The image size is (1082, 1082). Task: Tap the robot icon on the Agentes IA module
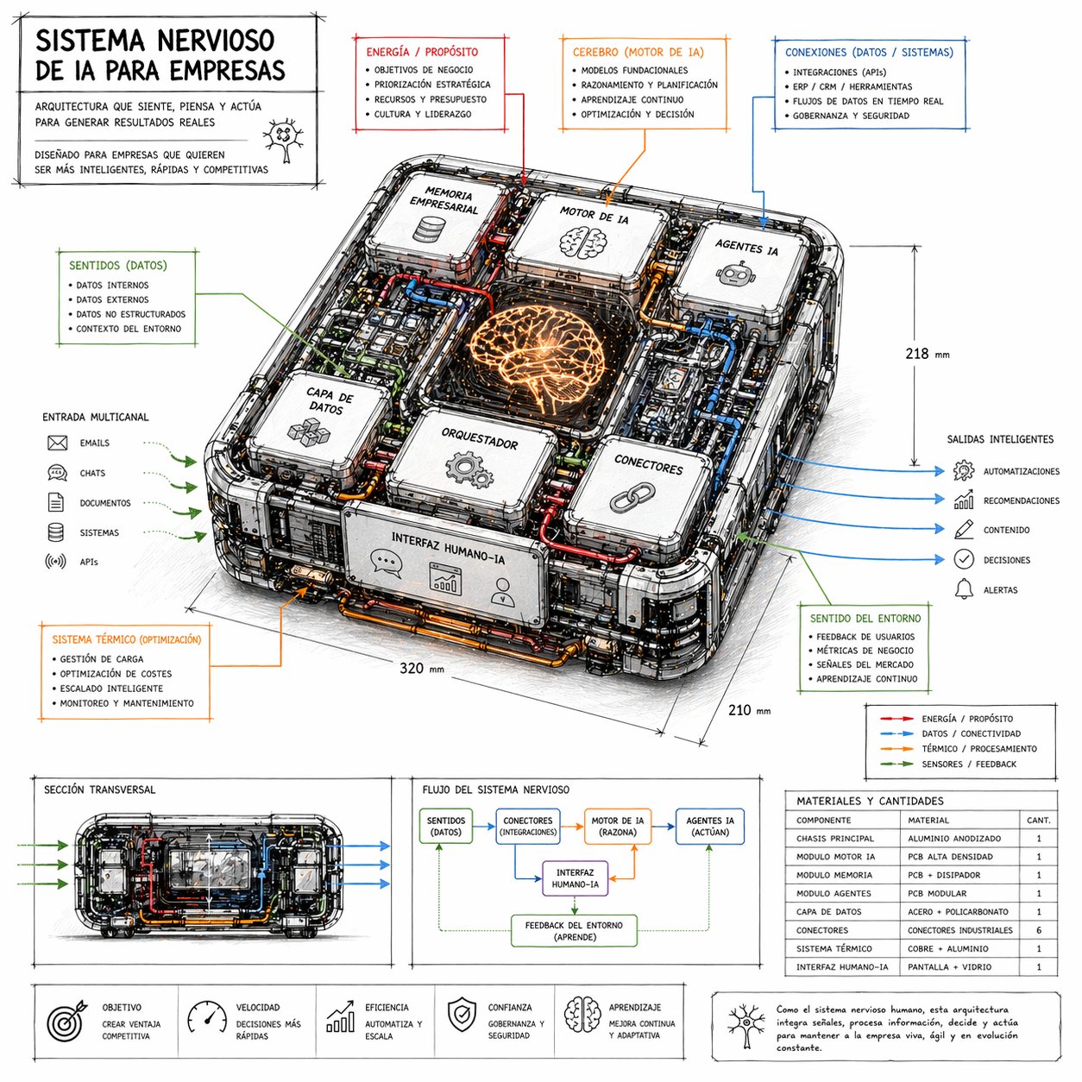point(733,275)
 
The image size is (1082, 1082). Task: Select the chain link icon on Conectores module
point(633,498)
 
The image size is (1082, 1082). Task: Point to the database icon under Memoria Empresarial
point(429,230)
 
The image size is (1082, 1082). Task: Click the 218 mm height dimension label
point(926,354)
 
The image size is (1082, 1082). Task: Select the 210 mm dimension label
point(748,710)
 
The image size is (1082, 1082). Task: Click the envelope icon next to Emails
point(58,443)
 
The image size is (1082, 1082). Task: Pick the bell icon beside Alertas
point(963,589)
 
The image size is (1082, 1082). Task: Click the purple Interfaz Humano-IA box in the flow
point(575,878)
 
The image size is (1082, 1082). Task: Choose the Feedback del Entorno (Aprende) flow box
point(575,931)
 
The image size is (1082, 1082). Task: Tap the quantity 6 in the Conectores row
point(1039,930)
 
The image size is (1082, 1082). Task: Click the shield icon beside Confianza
point(462,1016)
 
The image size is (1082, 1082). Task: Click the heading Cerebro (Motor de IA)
point(638,53)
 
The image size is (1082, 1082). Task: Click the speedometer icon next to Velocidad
point(207,1016)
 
